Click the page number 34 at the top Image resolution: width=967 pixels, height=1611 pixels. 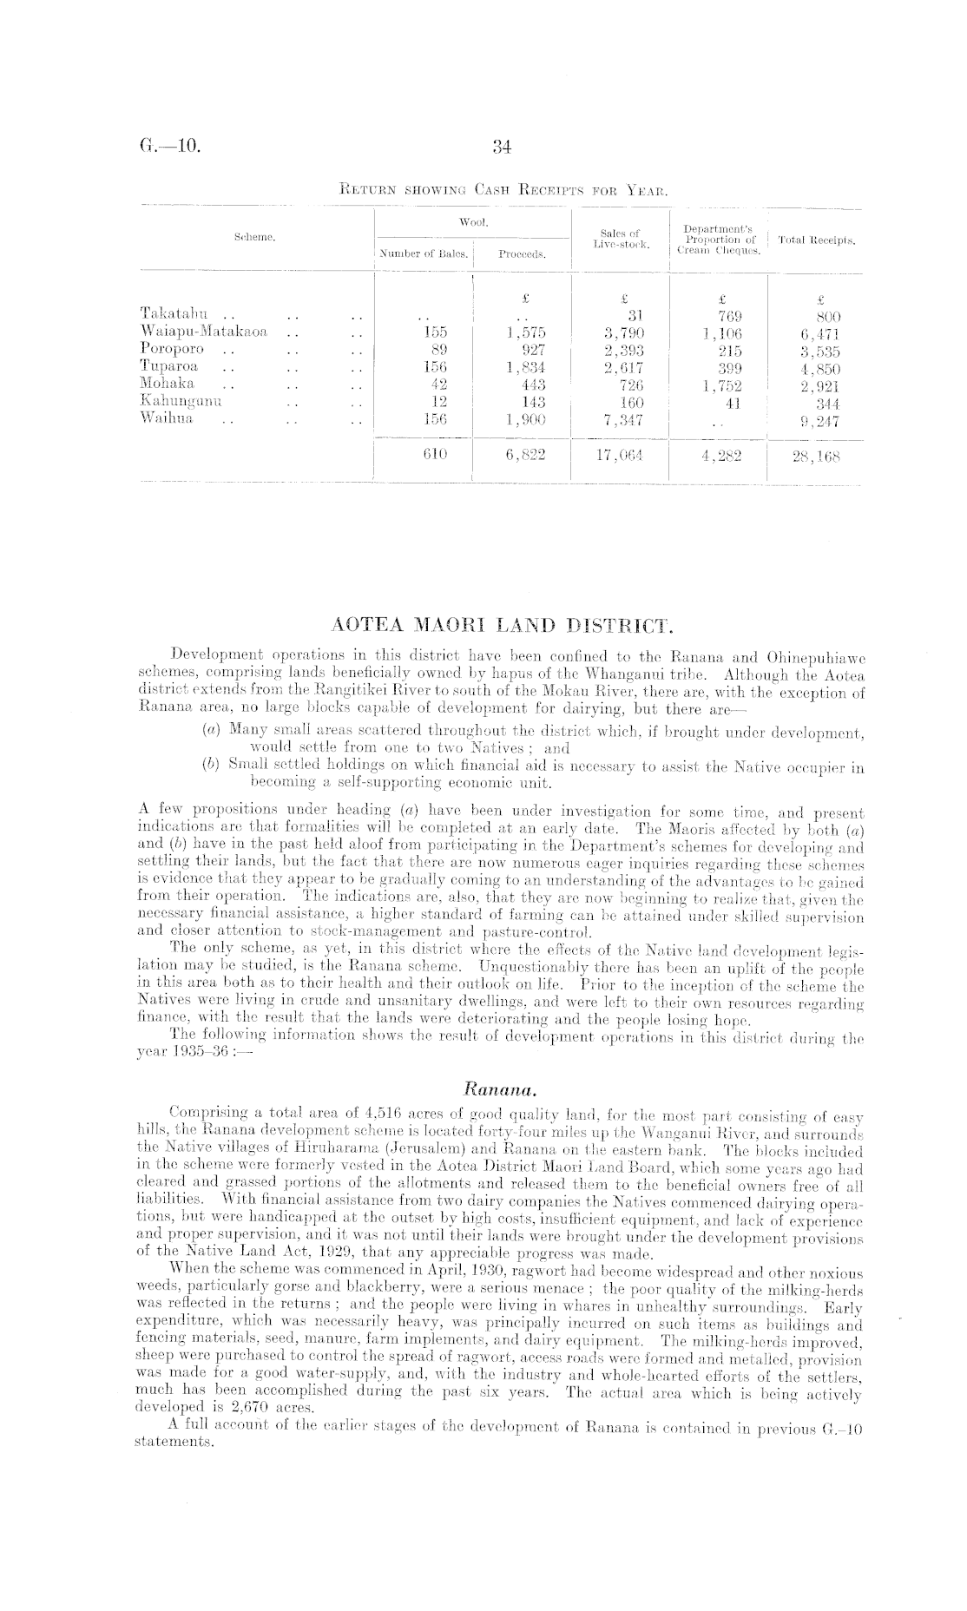pos(499,148)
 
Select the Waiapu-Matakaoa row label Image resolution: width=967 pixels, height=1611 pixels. pos(204,332)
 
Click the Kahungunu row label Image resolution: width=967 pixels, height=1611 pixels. pos(181,402)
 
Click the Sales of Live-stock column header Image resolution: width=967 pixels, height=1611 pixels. pos(621,239)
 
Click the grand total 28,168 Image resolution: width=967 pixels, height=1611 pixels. pos(817,456)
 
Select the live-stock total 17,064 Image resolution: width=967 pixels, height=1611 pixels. pos(619,456)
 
